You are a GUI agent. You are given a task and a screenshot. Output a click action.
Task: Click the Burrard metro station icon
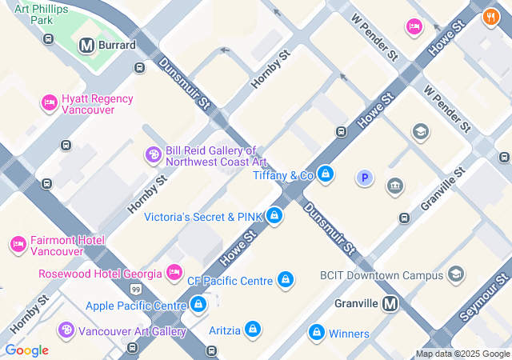click(86, 46)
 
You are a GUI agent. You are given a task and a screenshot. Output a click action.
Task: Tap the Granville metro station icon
click(390, 303)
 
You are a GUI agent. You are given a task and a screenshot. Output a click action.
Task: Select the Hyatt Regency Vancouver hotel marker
click(49, 103)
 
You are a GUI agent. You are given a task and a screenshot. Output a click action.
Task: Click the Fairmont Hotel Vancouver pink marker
click(18, 244)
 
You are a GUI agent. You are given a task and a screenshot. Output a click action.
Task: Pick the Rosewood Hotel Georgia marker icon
click(174, 273)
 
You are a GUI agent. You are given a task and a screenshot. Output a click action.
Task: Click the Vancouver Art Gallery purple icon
click(66, 330)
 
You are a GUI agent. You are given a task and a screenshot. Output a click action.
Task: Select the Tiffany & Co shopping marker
click(325, 174)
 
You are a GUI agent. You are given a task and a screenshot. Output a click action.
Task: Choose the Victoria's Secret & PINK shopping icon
click(274, 216)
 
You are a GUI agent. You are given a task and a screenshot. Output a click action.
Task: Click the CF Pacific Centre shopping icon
click(285, 280)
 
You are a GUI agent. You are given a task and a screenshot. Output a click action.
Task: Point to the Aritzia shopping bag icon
click(252, 329)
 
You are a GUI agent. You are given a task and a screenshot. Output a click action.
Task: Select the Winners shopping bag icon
click(316, 332)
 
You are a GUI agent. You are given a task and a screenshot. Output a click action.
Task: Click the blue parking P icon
click(364, 178)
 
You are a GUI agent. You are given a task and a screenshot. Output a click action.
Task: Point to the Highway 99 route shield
click(136, 289)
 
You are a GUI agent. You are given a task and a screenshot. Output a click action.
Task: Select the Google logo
click(26, 350)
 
